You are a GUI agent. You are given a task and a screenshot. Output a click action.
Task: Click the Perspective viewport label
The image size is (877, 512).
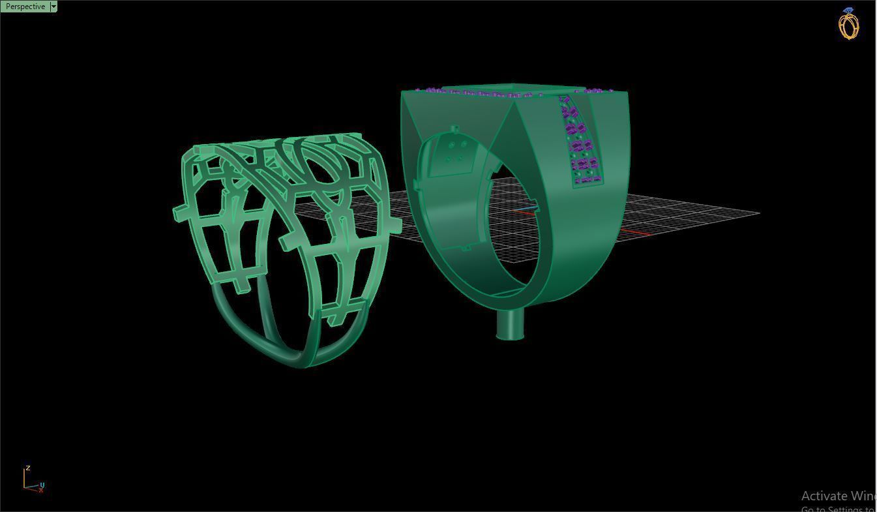[25, 7]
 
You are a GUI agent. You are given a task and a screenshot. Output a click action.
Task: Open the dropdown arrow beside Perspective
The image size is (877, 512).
[53, 7]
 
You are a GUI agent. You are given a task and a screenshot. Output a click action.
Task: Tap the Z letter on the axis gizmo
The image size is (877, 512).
[27, 468]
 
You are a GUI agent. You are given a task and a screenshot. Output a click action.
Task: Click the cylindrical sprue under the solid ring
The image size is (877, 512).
[510, 324]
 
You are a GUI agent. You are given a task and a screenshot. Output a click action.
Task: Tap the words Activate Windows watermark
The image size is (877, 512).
[839, 496]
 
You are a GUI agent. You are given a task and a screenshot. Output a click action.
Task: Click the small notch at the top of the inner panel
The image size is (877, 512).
[454, 129]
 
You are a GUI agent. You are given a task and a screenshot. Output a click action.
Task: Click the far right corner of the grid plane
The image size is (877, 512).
[758, 213]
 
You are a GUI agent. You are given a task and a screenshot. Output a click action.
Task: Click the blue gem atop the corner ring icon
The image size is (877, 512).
[848, 10]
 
